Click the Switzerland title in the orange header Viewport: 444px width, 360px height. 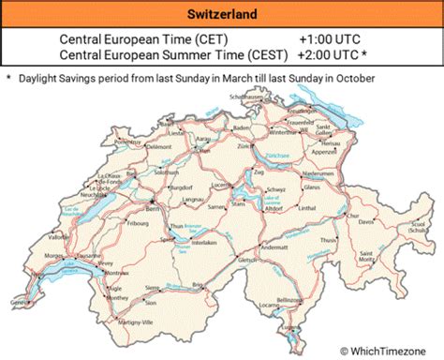[x=222, y=14]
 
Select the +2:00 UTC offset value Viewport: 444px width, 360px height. [x=333, y=55]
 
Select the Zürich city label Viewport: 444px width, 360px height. [x=246, y=147]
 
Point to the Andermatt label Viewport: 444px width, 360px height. [x=274, y=247]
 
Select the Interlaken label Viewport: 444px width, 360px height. [x=204, y=242]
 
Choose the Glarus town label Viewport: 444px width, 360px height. [x=312, y=187]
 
